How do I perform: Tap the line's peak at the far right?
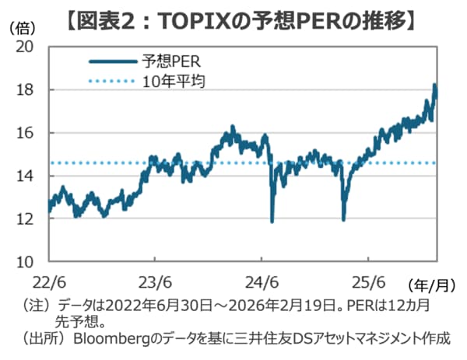click(x=434, y=85)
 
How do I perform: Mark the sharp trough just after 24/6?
click(x=272, y=221)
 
